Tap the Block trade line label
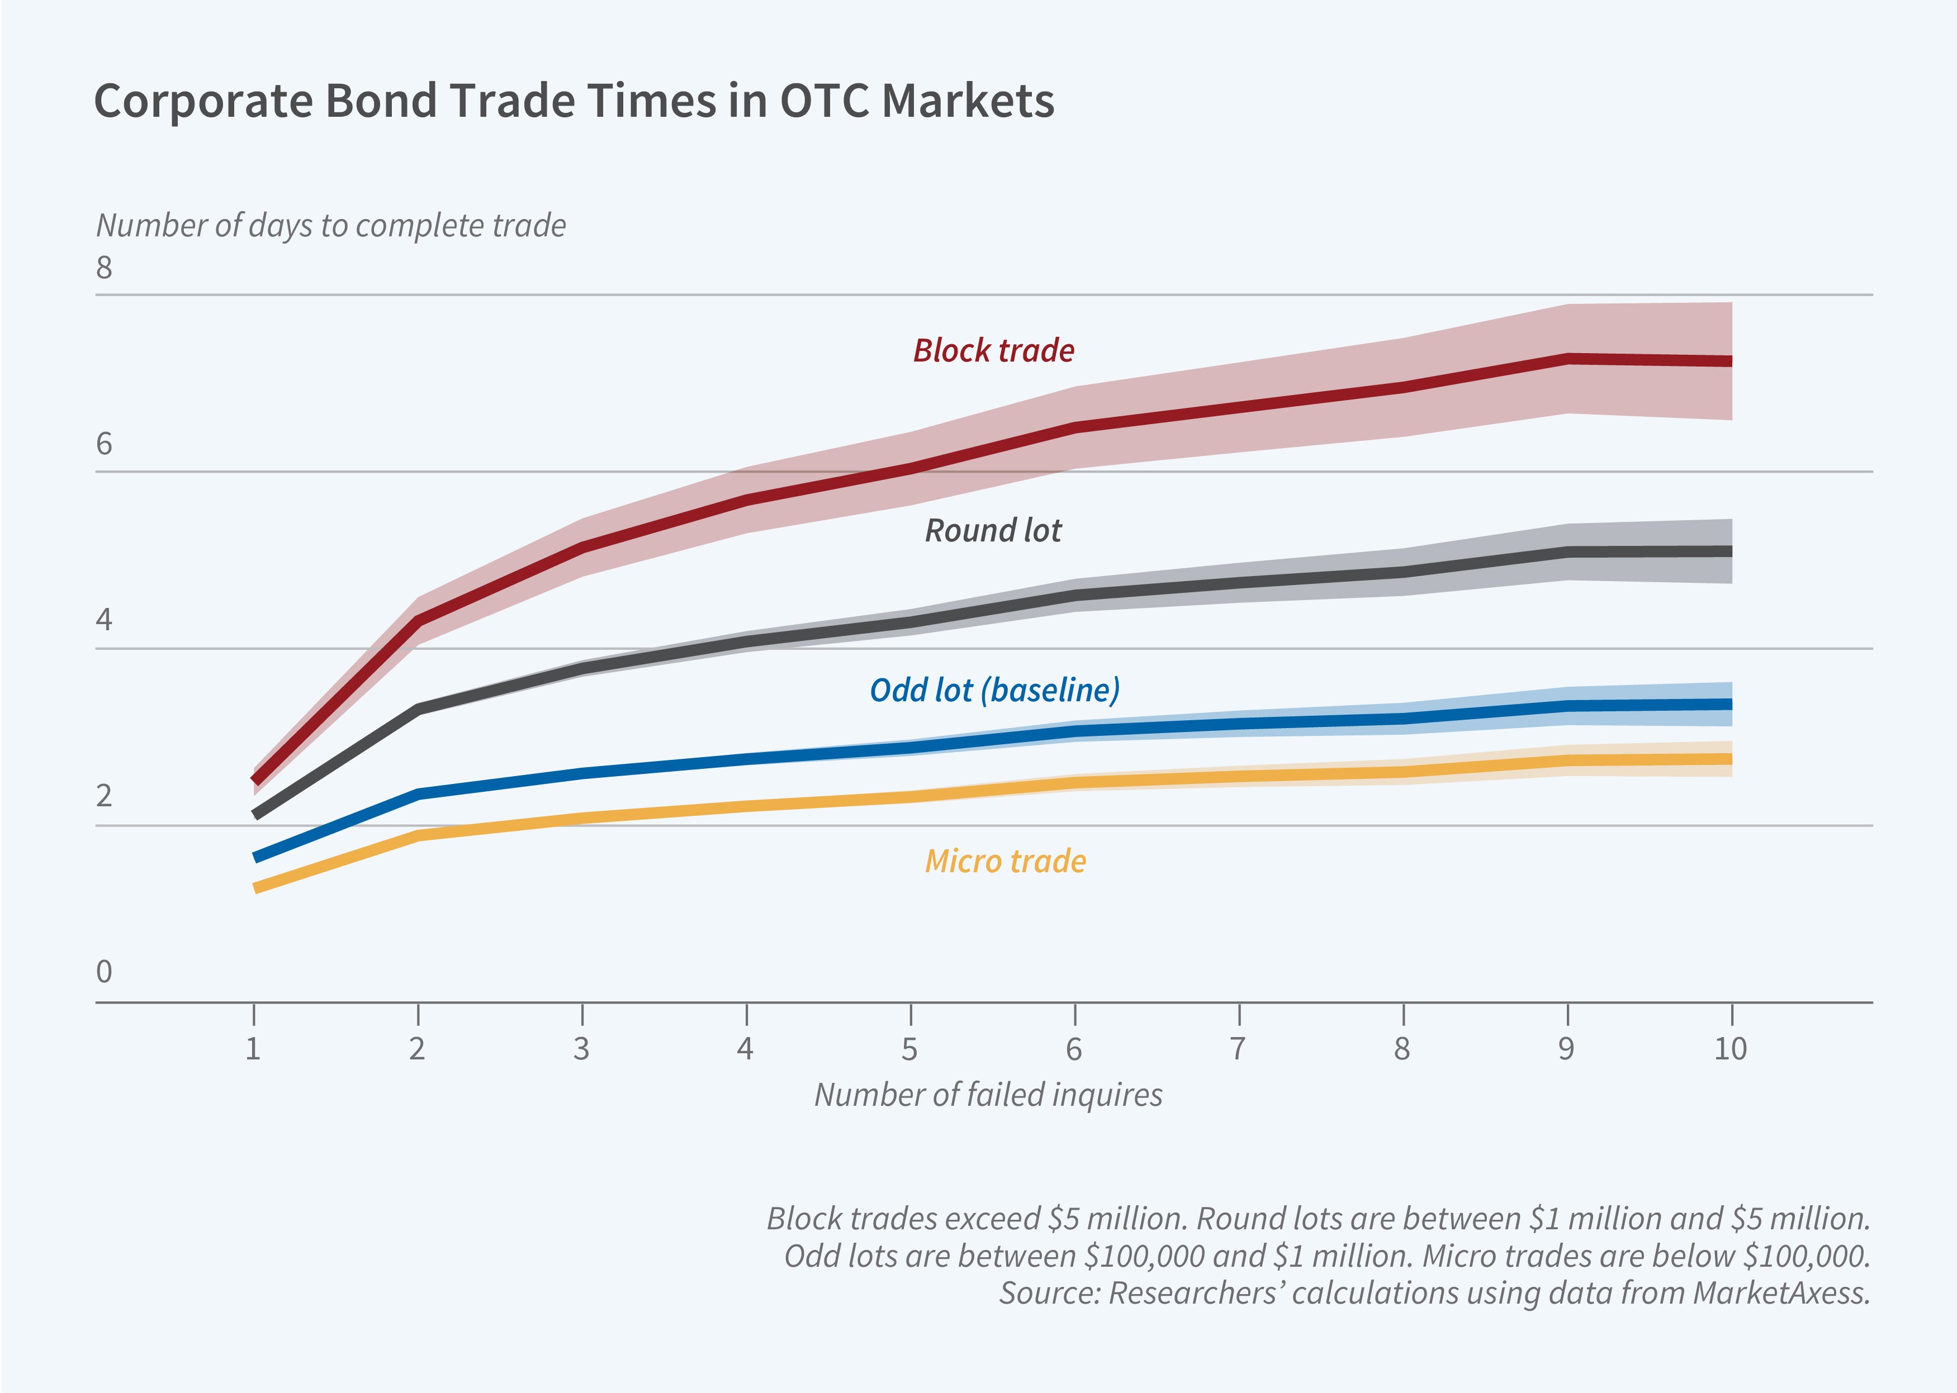click(993, 351)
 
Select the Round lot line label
click(993, 531)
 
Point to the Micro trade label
click(1004, 861)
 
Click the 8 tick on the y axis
click(104, 268)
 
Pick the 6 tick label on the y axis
click(104, 444)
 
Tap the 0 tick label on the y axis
click(104, 972)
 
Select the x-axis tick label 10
click(1729, 1049)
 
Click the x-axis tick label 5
click(909, 1049)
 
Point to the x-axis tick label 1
click(253, 1049)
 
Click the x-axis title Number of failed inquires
click(988, 1095)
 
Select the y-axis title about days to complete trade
click(330, 226)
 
